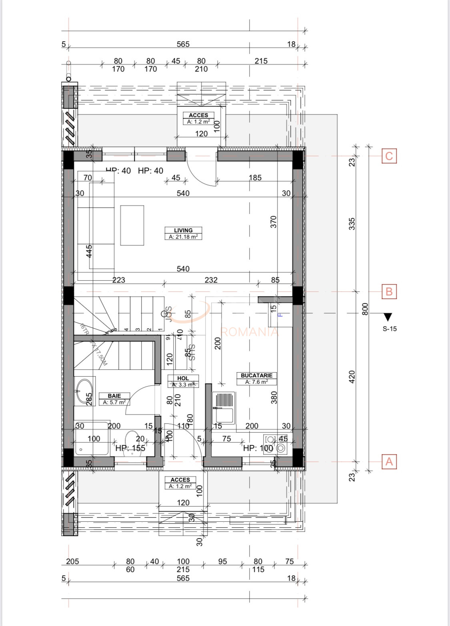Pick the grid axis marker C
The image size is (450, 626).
coord(389,156)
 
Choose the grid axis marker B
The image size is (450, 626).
coord(389,291)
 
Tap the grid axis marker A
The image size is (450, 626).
coord(389,462)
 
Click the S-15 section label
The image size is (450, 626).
coord(389,329)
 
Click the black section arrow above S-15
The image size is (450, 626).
coord(388,317)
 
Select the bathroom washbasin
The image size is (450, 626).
coord(84,391)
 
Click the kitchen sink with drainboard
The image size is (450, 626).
coord(224,407)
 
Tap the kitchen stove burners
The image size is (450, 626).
coord(276,443)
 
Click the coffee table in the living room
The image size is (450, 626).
coord(132,225)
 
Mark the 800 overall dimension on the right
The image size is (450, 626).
coord(365,309)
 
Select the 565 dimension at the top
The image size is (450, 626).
coord(183,44)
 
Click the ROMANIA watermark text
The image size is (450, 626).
coord(249,332)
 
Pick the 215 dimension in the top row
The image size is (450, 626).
coord(261,61)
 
